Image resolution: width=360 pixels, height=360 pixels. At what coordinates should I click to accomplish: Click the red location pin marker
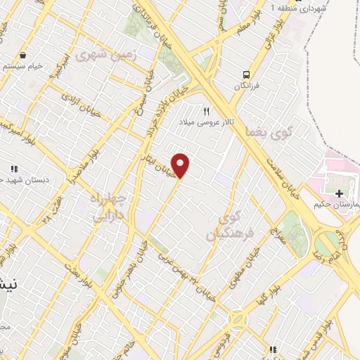(181, 165)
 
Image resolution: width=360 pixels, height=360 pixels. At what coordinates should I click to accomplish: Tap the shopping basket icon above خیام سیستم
(23, 55)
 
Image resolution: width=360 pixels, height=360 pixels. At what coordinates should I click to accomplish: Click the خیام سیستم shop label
(24, 65)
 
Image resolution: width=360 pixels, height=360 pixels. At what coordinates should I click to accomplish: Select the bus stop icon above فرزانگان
(246, 75)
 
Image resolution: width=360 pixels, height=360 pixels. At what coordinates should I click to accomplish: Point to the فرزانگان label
(248, 86)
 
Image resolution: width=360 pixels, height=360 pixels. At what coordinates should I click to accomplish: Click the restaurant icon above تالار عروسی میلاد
(206, 110)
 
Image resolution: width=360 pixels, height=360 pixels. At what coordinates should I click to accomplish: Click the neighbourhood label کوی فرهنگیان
(224, 226)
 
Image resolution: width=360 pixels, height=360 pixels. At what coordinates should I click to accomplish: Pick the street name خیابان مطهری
(233, 275)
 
